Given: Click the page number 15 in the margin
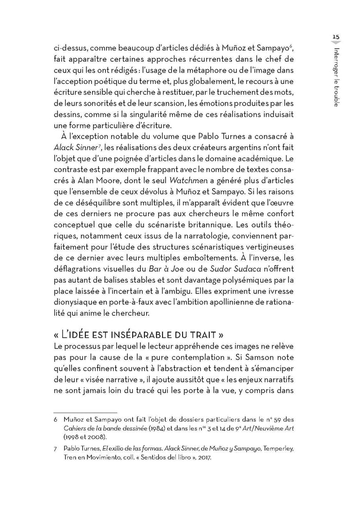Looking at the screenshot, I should pyautogui.click(x=335, y=37).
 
